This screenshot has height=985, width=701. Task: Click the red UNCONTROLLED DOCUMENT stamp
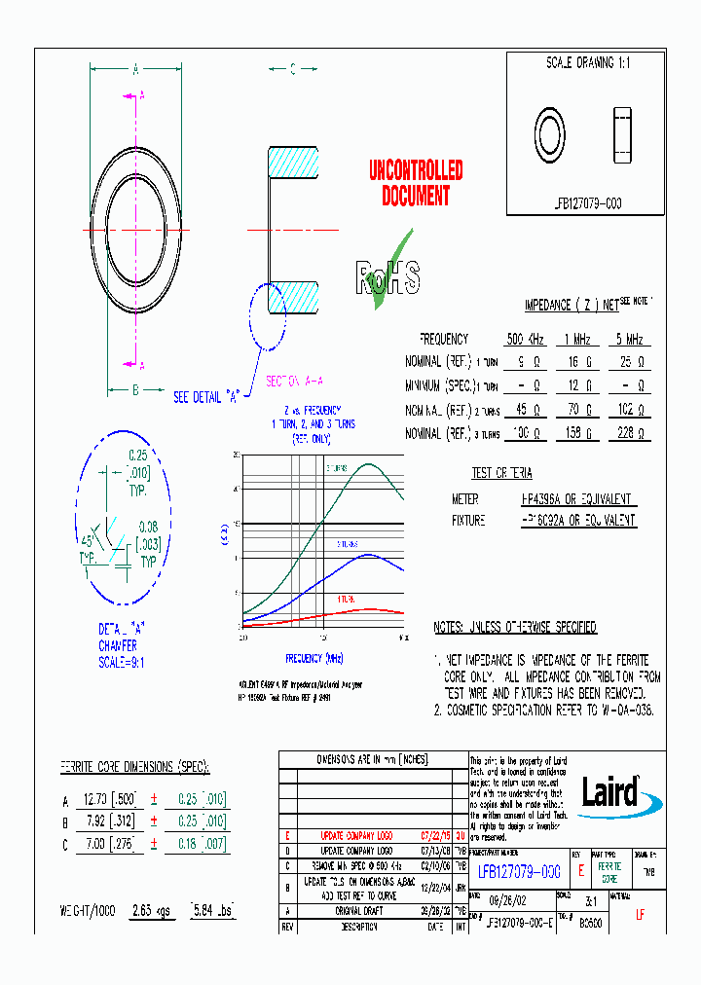(x=416, y=184)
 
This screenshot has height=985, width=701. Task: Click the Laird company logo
(x=609, y=790)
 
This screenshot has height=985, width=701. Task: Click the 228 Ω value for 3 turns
(x=629, y=433)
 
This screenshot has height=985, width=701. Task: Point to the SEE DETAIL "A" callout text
(x=206, y=397)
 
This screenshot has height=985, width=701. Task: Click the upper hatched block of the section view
(x=293, y=162)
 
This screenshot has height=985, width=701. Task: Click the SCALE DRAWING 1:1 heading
(x=587, y=62)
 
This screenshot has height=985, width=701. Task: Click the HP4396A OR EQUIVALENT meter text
(x=576, y=499)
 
